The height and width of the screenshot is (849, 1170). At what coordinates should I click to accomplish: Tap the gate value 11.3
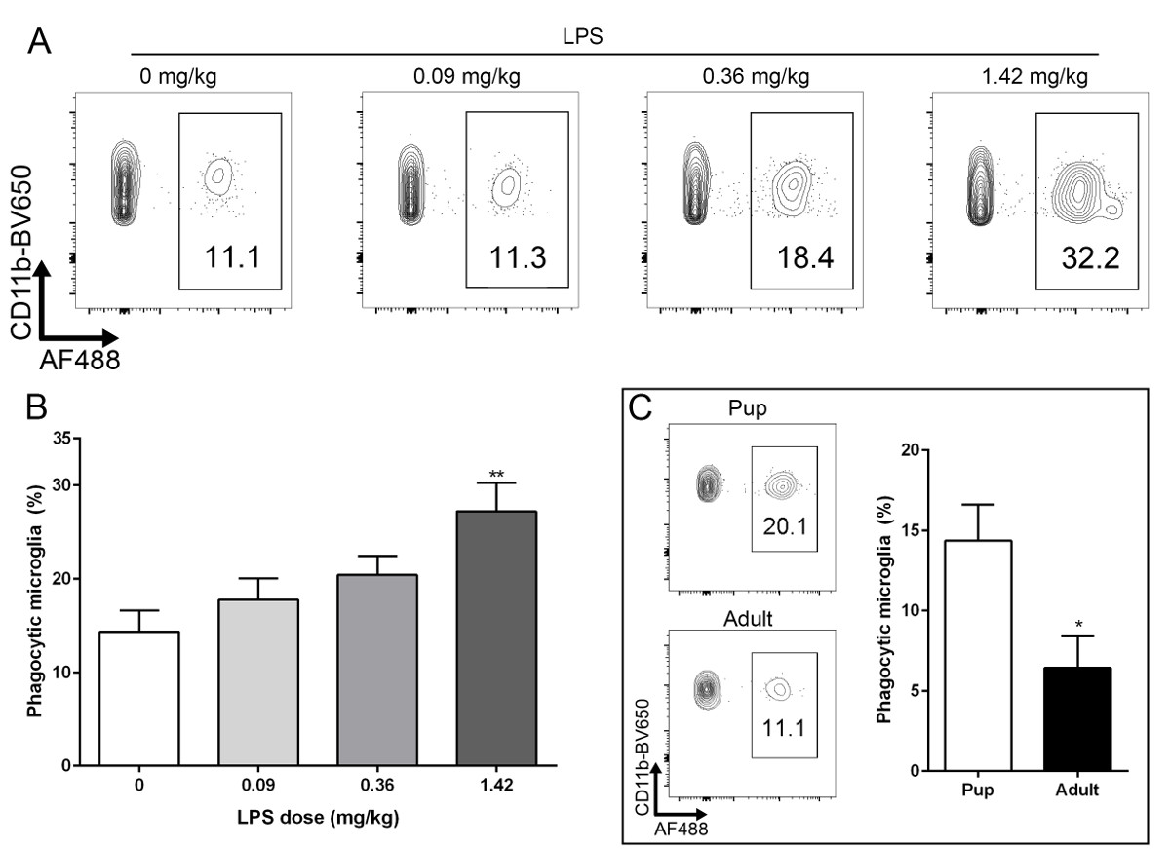(x=517, y=258)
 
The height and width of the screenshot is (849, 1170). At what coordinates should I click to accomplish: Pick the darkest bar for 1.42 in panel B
(x=497, y=637)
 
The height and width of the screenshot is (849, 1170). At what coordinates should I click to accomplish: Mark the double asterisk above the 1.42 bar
(x=497, y=475)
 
